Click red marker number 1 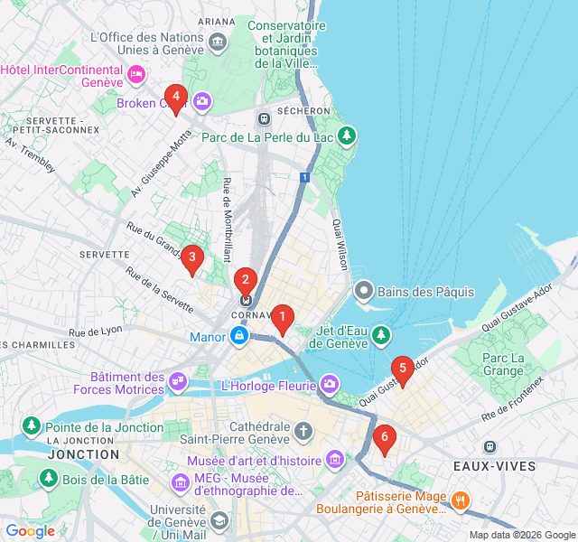(x=283, y=318)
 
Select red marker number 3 (x=191, y=258)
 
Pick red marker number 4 (x=175, y=97)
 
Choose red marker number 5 (x=402, y=369)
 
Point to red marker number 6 (x=385, y=438)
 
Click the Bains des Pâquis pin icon (x=364, y=291)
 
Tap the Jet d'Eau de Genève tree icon (x=381, y=335)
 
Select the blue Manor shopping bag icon (x=238, y=337)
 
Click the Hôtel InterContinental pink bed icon (x=135, y=75)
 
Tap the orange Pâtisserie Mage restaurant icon (x=460, y=500)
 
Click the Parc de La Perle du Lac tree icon (x=347, y=136)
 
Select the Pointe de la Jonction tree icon (x=32, y=425)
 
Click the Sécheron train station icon (x=263, y=118)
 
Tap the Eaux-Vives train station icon (x=489, y=446)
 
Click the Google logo (x=30, y=531)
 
